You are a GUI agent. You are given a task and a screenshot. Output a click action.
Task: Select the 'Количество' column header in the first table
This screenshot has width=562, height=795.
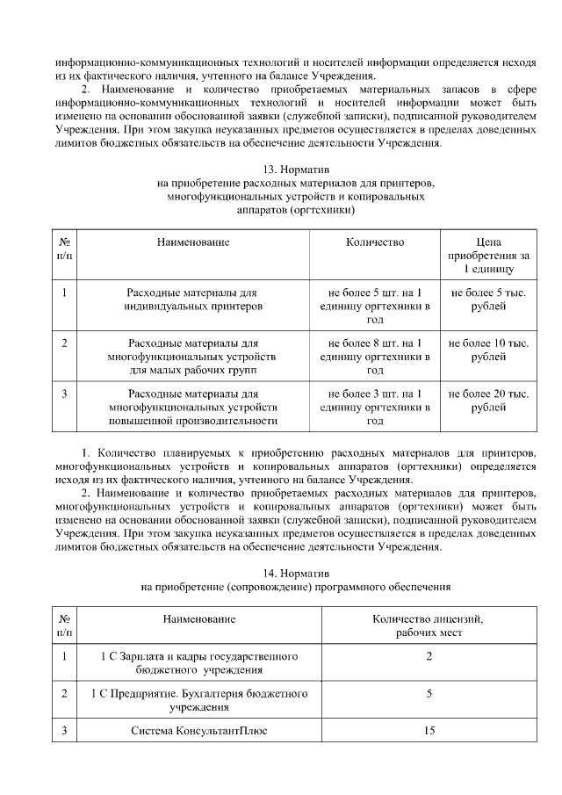375,242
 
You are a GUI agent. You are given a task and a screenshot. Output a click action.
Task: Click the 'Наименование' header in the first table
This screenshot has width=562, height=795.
193,242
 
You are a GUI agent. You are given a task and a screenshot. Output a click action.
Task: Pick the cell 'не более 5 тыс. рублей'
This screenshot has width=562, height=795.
488,300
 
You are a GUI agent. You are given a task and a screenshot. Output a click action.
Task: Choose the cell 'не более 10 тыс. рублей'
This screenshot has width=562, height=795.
488,350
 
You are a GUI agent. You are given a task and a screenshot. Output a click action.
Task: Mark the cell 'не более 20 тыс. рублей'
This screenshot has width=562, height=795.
488,401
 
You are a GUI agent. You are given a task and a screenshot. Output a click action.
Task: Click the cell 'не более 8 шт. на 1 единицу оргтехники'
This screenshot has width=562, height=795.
375,357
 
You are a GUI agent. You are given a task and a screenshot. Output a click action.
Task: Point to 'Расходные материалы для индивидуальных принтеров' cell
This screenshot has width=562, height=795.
193,300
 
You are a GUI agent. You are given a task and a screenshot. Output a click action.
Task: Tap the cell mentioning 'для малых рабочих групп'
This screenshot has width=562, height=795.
193,357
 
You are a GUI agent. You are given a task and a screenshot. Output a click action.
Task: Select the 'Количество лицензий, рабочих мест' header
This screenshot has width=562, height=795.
429,625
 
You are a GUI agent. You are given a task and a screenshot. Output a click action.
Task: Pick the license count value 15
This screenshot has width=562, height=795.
429,730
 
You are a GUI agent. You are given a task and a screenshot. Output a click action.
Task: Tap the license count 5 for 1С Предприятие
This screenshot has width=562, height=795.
429,693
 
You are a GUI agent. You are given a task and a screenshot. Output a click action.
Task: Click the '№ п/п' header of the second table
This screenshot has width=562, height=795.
65,625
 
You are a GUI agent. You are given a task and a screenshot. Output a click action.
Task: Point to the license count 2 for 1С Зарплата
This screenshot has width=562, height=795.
429,656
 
